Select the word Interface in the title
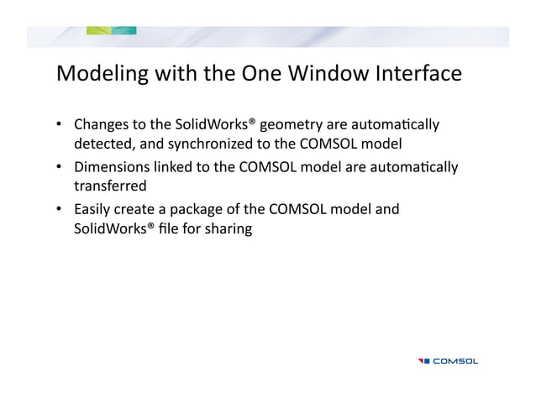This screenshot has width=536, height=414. click(420, 74)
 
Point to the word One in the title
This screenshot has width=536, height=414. click(266, 74)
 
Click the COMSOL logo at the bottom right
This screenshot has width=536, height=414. click(448, 361)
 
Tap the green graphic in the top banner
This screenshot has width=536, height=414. click(111, 31)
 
